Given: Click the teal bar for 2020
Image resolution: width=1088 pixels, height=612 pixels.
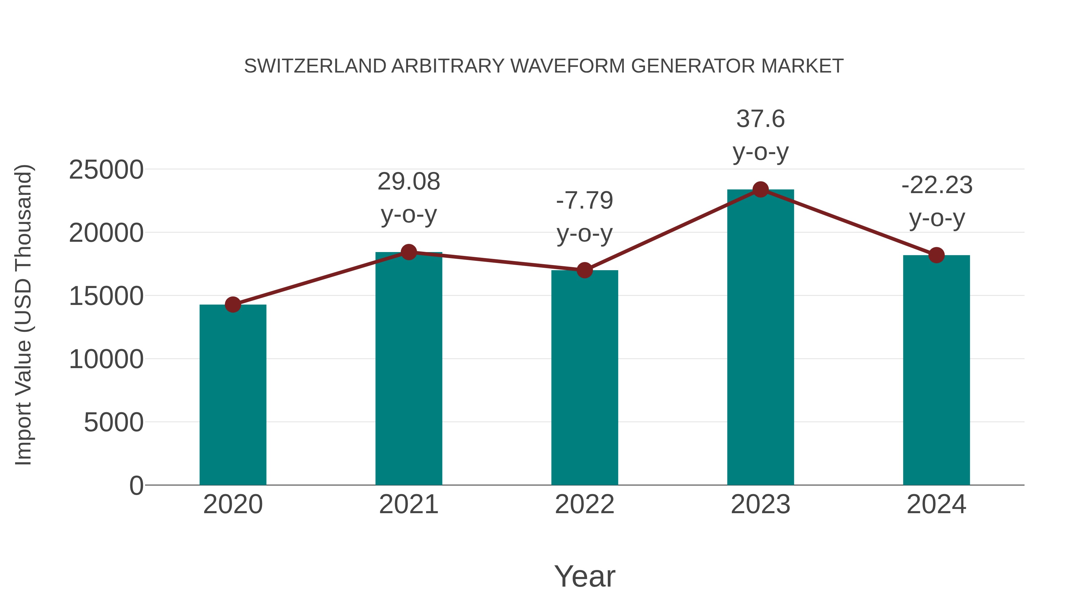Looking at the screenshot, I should click(233, 395).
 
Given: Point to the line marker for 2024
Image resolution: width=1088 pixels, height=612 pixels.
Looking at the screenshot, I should click(936, 255).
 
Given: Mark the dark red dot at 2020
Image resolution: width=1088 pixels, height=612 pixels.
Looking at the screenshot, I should click(233, 305).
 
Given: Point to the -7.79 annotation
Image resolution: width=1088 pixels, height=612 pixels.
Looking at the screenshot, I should click(584, 201).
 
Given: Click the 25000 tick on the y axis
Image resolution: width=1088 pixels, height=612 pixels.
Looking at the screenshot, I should click(106, 170).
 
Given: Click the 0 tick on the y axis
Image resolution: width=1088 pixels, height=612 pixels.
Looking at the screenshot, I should click(136, 485).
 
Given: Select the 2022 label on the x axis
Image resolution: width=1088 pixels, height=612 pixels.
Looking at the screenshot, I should click(584, 504).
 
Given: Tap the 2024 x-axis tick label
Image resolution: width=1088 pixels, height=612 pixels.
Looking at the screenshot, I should click(936, 504).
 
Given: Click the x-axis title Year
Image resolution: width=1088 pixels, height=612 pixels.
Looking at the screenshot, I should click(584, 576).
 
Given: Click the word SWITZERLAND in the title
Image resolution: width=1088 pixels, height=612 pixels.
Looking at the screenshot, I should click(315, 66).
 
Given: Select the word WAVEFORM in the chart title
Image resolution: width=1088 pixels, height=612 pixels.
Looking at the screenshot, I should click(568, 66).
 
